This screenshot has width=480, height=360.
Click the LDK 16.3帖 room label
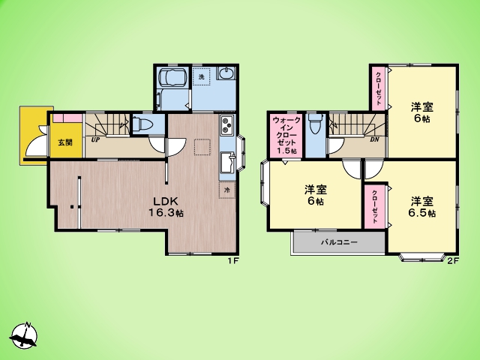coord(166,207)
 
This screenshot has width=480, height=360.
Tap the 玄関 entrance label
coord(65,142)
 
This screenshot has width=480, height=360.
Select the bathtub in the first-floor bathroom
coord(172,77)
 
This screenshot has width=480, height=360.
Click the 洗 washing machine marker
coord(201,76)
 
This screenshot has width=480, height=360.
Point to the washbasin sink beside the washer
coord(226,73)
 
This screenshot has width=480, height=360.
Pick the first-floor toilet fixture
coord(142,125)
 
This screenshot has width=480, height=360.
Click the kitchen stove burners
coord(226,124)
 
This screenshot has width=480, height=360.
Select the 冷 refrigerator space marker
coord(227,190)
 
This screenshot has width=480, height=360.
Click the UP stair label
coord(97,139)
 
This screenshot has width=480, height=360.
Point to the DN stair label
coord(374,139)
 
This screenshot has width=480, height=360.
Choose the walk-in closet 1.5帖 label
coord(286,135)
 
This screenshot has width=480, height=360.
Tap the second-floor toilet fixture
coord(315,123)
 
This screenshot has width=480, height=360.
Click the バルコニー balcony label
coord(339,242)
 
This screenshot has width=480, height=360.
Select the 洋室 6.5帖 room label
coord(422,207)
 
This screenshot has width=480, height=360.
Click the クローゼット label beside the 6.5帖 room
coord(374,207)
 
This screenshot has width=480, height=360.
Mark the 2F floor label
coord(453,261)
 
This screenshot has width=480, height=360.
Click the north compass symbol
coord(24,335)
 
